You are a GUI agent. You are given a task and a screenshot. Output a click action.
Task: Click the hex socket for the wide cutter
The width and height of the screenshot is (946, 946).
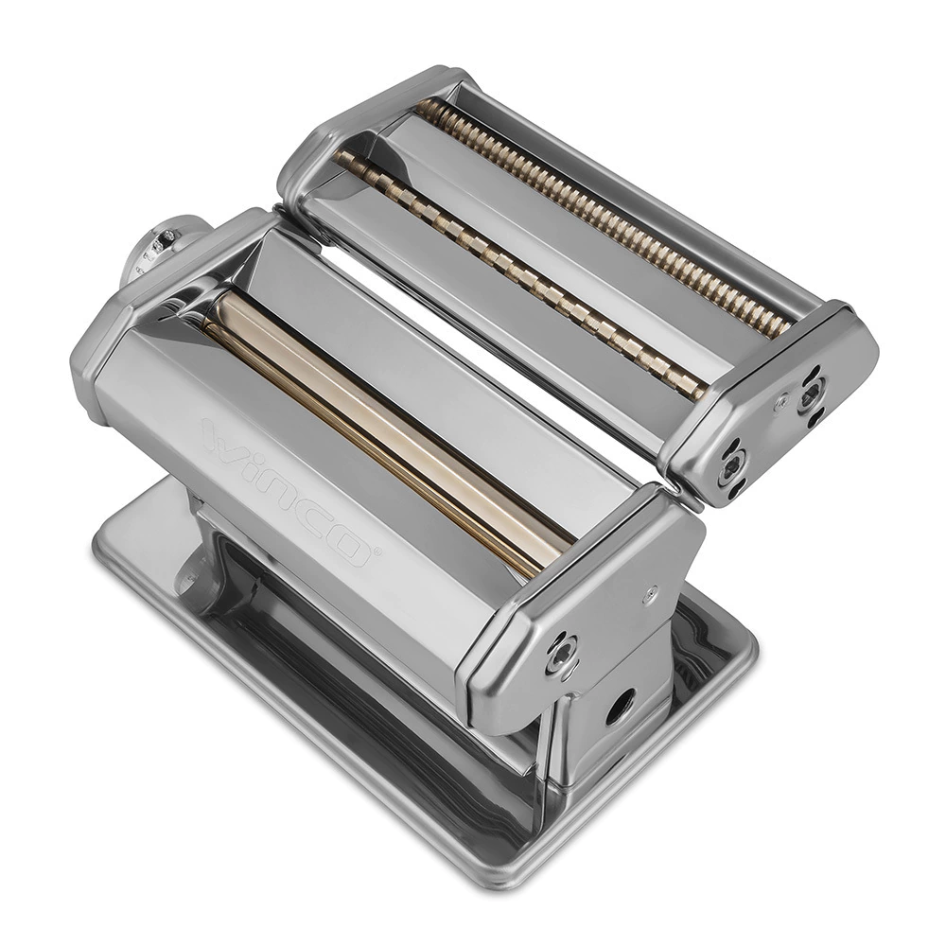732,464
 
